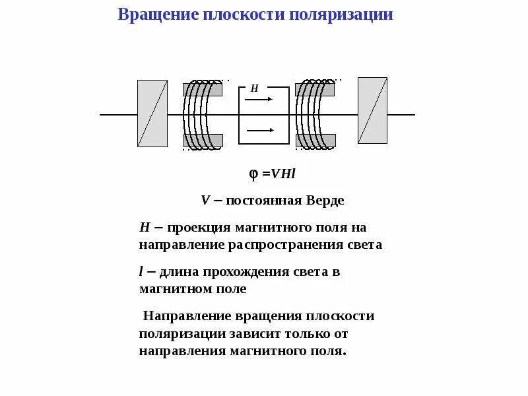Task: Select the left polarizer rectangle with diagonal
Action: tap(152, 113)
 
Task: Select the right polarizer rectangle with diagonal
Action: tap(372, 110)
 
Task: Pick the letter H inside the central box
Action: tap(254, 88)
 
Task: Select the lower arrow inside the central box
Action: tap(260, 130)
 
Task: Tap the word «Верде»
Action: tap(325, 200)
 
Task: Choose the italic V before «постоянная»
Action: tap(205, 200)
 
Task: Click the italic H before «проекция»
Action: tap(145, 228)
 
